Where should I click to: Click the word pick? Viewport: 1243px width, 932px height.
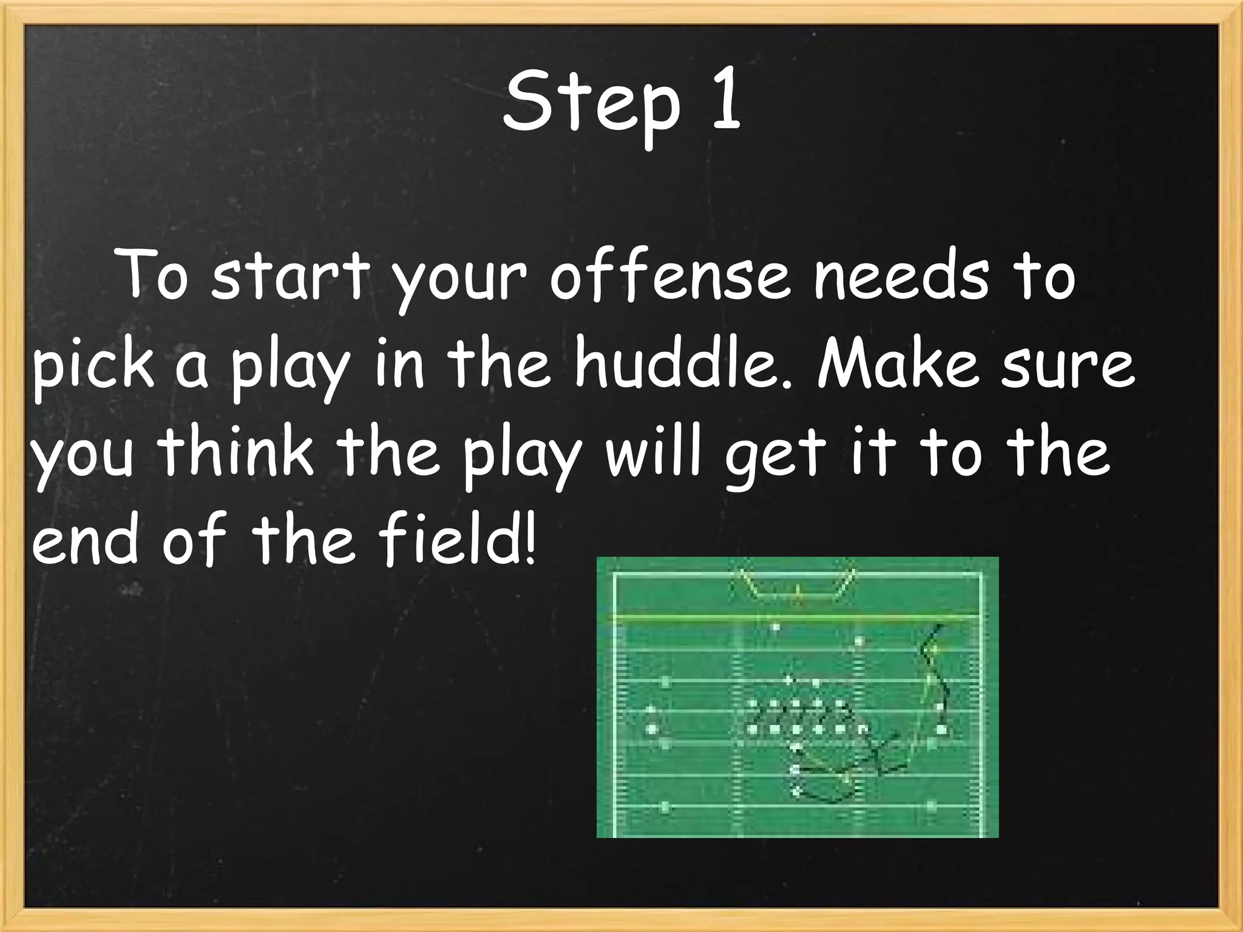click(95, 366)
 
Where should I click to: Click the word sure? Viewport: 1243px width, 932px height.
click(1068, 368)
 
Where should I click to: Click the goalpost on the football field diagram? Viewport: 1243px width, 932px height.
click(797, 586)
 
